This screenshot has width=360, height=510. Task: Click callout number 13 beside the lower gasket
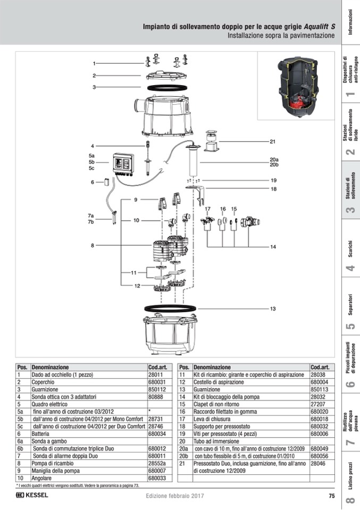pyautogui.click(x=272, y=309)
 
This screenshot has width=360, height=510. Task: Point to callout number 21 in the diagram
pyautogui.click(x=272, y=141)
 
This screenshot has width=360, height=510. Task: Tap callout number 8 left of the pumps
pyautogui.click(x=92, y=245)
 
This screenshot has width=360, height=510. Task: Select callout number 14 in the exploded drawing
pyautogui.click(x=273, y=247)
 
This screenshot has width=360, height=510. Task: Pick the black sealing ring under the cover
pyautogui.click(x=166, y=86)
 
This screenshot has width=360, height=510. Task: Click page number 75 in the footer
pyautogui.click(x=331, y=496)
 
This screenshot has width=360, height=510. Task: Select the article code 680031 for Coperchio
pyautogui.click(x=157, y=382)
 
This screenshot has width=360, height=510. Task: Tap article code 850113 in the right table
pyautogui.click(x=319, y=389)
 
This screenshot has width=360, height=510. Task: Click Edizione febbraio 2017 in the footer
pyautogui.click(x=174, y=496)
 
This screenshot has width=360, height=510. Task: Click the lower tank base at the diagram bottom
pyautogui.click(x=166, y=336)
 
